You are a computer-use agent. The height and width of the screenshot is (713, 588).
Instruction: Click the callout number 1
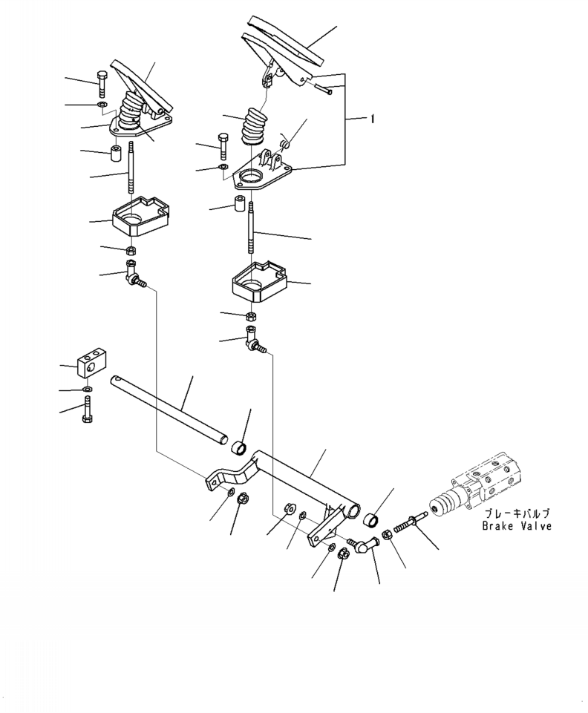click(372, 119)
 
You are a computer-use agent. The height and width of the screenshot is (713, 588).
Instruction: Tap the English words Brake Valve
click(517, 526)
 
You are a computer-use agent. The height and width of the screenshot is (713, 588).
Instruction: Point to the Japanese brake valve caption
click(517, 514)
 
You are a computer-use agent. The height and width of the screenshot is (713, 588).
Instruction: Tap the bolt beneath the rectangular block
click(88, 410)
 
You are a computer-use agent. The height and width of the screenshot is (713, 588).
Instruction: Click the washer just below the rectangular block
click(87, 390)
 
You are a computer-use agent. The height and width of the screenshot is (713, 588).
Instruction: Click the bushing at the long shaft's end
click(239, 447)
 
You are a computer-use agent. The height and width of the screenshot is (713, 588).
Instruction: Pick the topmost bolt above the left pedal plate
click(102, 84)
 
